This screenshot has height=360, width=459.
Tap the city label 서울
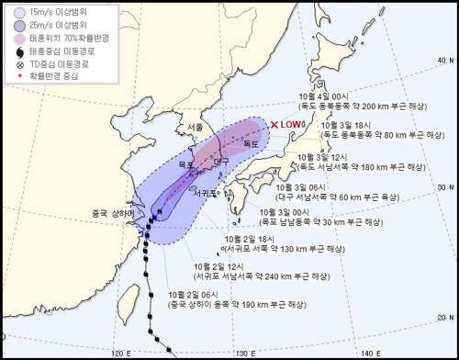[x=195, y=127]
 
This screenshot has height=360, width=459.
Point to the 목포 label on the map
[x=186, y=163]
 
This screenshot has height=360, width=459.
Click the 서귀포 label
[x=202, y=194]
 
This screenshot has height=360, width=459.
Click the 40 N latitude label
[x=444, y=61]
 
